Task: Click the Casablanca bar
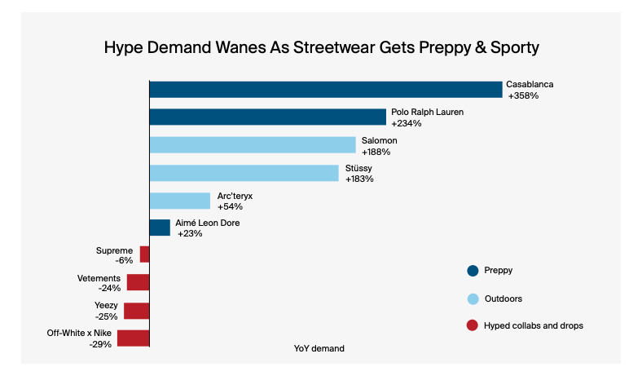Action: pyautogui.click(x=326, y=89)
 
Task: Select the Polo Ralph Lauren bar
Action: pyautogui.click(x=267, y=117)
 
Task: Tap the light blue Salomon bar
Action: pyautogui.click(x=253, y=145)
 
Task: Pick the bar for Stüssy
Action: pyautogui.click(x=244, y=173)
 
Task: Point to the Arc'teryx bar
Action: pyautogui.click(x=180, y=201)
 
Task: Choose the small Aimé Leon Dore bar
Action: pyautogui.click(x=160, y=228)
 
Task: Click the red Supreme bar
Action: pyautogui.click(x=145, y=254)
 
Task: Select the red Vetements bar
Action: pyautogui.click(x=139, y=282)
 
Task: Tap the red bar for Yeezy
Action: pyautogui.click(x=137, y=311)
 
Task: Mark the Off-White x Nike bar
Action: pyautogui.click(x=134, y=338)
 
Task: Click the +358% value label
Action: pyautogui.click(x=523, y=96)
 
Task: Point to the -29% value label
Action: pyautogui.click(x=100, y=345)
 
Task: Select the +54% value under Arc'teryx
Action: pyautogui.click(x=230, y=207)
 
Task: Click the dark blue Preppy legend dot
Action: pyautogui.click(x=472, y=271)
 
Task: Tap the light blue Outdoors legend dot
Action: pyautogui.click(x=472, y=298)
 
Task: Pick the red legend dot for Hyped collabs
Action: pyautogui.click(x=472, y=325)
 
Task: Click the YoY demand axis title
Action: pyautogui.click(x=319, y=348)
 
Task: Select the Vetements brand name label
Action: pyautogui.click(x=99, y=278)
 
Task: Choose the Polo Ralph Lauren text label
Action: pyautogui.click(x=427, y=112)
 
